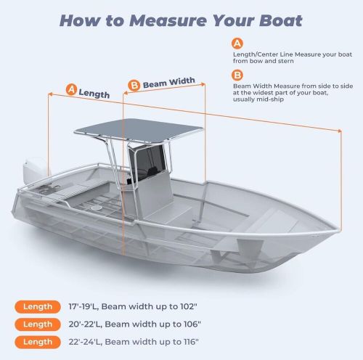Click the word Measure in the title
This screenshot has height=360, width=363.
click(x=168, y=20)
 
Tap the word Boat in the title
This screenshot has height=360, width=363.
click(x=281, y=20)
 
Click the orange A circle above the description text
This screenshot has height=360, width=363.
click(x=237, y=44)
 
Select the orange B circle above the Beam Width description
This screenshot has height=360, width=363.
click(x=237, y=75)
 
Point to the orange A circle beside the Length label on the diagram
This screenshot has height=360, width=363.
click(x=71, y=89)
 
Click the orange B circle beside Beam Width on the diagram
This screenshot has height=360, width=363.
click(x=134, y=86)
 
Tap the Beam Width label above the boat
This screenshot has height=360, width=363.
click(x=169, y=83)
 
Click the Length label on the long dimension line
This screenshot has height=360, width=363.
click(x=94, y=94)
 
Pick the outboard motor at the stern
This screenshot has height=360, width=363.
click(x=35, y=170)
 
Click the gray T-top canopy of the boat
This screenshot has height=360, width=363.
click(x=139, y=129)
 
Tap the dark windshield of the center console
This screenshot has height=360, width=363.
click(x=147, y=161)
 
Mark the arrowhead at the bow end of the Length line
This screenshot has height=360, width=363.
click(x=340, y=131)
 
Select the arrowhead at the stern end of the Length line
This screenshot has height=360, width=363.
click(x=50, y=94)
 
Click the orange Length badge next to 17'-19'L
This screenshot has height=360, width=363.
click(x=38, y=307)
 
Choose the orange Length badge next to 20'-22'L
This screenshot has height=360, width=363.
click(x=38, y=324)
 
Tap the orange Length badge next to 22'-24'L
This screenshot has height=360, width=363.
click(x=38, y=342)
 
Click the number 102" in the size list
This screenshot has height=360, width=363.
click(x=189, y=306)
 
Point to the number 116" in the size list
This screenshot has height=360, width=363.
click(x=190, y=342)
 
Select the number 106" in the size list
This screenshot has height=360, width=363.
click(x=192, y=324)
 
